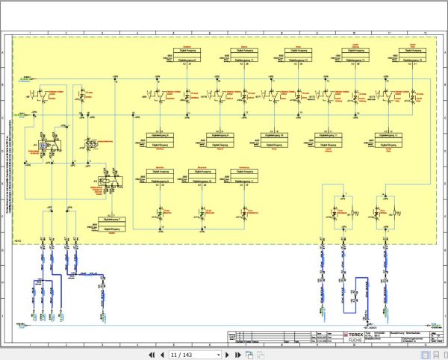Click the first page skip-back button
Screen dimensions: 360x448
(152, 354)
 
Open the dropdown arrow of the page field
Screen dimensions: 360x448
(218, 354)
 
